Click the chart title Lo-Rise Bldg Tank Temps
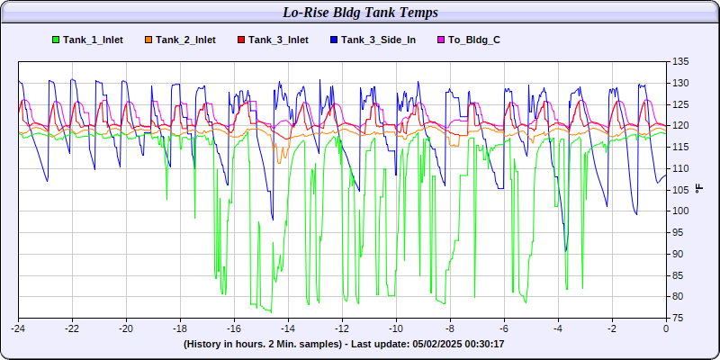360,13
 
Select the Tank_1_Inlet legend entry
87,40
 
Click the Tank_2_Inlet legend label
185,40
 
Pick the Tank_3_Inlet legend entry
273,40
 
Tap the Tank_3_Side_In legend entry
373,40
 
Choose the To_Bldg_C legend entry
468,40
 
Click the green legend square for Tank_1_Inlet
56,40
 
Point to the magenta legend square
440,40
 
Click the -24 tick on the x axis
18,328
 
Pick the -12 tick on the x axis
342,328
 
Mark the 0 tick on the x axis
666,328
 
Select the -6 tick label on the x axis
504,328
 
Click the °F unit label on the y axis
699,188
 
